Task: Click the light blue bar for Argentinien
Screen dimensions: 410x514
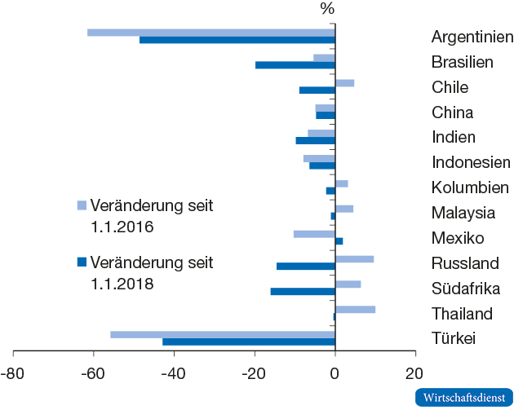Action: tap(211, 33)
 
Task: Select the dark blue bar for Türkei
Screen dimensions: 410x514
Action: tap(249, 342)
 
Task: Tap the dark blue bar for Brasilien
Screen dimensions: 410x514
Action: tap(295, 65)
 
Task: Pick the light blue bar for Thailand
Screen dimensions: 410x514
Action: tap(355, 310)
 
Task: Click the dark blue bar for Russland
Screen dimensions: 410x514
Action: tap(306, 267)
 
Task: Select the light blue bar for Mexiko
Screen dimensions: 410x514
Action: tap(314, 235)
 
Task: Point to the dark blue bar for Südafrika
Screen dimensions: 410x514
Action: tap(303, 292)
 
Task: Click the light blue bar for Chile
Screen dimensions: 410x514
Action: tap(344, 83)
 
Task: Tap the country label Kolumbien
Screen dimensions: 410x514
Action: tap(470, 188)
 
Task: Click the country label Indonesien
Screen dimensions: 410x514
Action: tap(471, 163)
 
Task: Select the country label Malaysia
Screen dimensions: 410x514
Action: tap(463, 214)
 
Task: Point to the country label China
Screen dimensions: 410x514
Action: tap(452, 112)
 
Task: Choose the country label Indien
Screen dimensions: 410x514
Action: tap(454, 138)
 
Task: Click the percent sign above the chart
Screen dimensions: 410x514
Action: tap(327, 10)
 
